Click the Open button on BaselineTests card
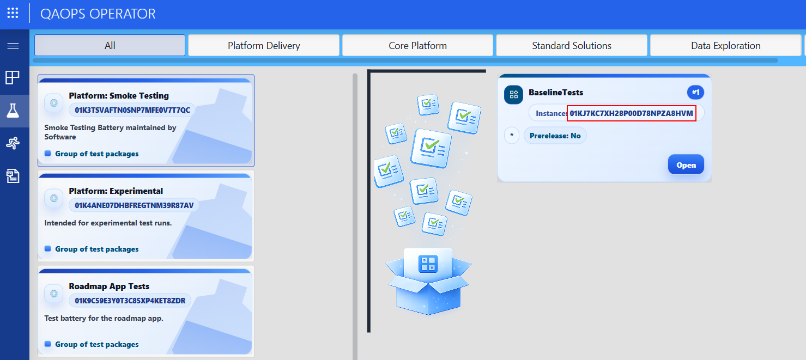[x=686, y=165]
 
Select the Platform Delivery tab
[x=264, y=46]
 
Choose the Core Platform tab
[x=417, y=46]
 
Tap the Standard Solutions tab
[x=572, y=46]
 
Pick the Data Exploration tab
[x=725, y=46]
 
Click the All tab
[x=110, y=46]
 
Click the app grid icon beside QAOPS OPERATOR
[x=13, y=13]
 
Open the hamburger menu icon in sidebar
[x=13, y=46]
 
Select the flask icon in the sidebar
[x=13, y=111]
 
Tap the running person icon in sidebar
[x=13, y=143]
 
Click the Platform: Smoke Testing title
[x=119, y=96]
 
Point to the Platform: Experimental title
[x=116, y=191]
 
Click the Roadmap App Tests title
[x=109, y=286]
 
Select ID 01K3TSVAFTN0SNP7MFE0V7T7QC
[x=132, y=110]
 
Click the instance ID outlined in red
[x=631, y=113]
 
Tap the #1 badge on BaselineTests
[x=695, y=93]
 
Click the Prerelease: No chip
[x=555, y=136]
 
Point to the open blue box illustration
[x=428, y=280]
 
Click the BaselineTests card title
[x=556, y=93]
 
